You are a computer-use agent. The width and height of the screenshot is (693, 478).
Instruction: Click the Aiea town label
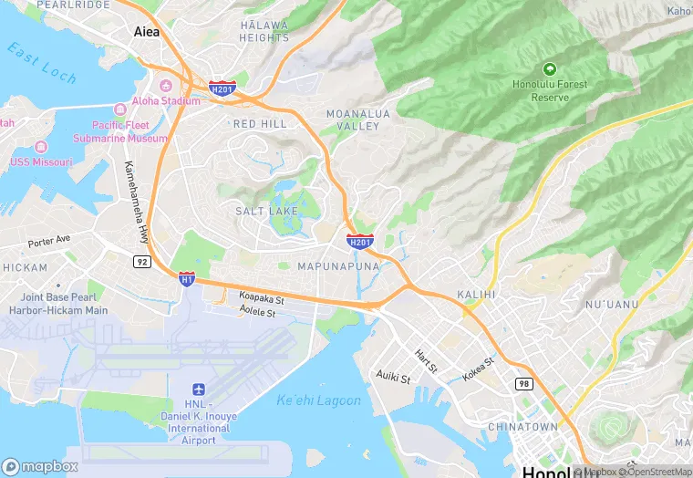click(146, 31)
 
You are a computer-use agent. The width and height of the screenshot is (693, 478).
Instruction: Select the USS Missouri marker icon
click(39, 147)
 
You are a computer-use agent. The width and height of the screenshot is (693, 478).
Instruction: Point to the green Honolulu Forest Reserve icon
click(549, 68)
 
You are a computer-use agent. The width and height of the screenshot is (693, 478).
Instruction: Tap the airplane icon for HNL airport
click(199, 390)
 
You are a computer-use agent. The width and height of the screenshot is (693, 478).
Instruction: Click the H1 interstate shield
click(186, 278)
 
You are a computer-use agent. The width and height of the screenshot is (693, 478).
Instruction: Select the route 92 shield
click(141, 261)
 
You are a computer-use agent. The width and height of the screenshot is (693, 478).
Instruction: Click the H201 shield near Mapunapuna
click(359, 242)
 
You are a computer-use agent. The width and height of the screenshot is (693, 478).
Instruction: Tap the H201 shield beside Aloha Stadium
click(222, 88)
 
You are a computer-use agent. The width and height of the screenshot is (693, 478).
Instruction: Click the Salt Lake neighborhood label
click(266, 211)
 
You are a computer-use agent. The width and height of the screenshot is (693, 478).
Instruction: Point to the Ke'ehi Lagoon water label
click(318, 400)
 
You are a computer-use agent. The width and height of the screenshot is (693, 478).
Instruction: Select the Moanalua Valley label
click(352, 119)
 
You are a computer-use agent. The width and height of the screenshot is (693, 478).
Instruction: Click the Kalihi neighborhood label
click(476, 295)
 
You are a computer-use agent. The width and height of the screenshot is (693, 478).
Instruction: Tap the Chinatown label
click(522, 426)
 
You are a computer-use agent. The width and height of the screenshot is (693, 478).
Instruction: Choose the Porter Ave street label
click(49, 243)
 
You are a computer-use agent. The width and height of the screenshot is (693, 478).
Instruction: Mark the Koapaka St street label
click(262, 297)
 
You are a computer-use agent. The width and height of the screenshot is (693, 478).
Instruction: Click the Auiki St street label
click(395, 375)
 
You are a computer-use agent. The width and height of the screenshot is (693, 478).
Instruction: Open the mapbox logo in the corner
click(40, 466)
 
